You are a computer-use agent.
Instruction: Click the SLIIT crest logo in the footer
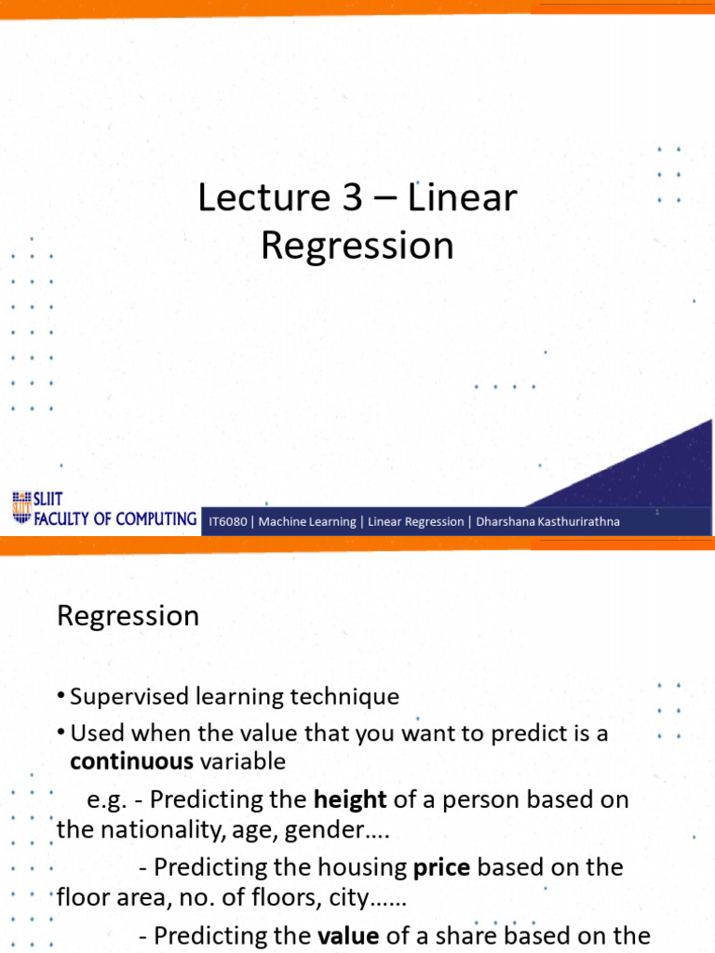20,507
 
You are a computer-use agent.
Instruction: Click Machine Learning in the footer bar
307,522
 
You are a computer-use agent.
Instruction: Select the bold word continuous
131,761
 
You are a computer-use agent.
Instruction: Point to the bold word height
350,799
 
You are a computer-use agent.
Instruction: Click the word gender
317,830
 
